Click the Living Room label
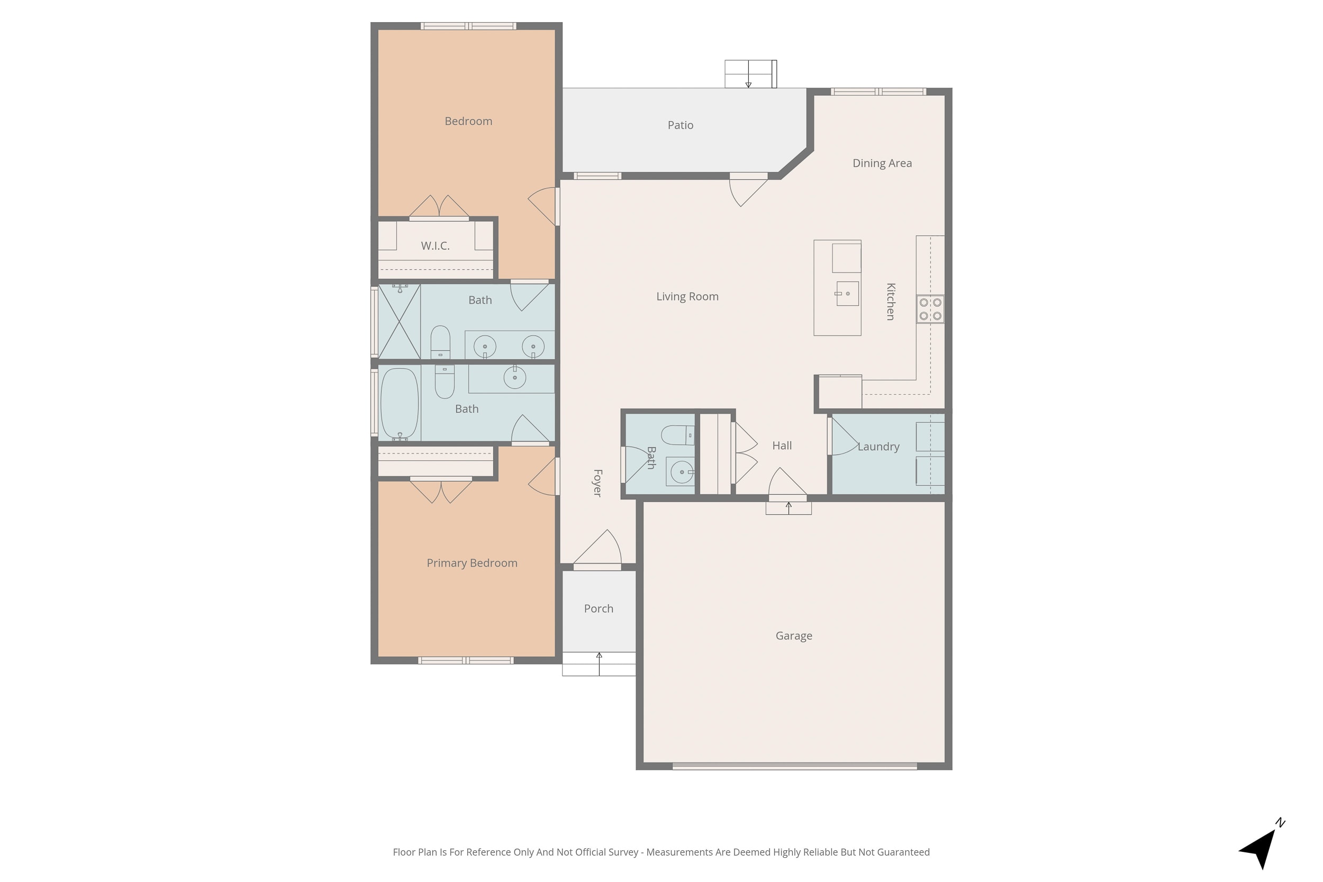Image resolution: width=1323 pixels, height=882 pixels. click(x=687, y=296)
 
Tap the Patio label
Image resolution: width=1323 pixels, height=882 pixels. click(x=680, y=125)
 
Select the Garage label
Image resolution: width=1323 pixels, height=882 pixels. click(x=794, y=636)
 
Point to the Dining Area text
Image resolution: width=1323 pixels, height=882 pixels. click(x=882, y=163)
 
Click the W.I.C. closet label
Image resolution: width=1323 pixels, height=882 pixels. click(x=436, y=246)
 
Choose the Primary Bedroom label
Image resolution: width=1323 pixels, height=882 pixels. click(x=472, y=563)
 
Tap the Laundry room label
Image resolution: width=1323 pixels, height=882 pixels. click(x=878, y=447)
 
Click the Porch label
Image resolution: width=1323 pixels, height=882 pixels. click(x=599, y=608)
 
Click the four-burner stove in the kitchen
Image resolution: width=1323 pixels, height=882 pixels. click(x=930, y=309)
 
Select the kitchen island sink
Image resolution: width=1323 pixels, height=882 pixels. click(x=847, y=294)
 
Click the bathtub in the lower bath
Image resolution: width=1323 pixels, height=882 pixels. click(x=400, y=403)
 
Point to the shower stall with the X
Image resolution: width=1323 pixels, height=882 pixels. click(x=400, y=321)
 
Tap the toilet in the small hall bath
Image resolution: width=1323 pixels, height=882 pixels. click(x=678, y=435)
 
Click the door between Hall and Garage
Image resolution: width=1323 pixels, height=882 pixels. click(x=787, y=484)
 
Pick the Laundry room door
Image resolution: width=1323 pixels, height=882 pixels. click(x=844, y=437)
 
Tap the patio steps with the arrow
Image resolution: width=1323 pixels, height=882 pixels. click(x=750, y=74)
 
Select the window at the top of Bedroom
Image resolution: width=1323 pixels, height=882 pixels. click(x=468, y=26)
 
